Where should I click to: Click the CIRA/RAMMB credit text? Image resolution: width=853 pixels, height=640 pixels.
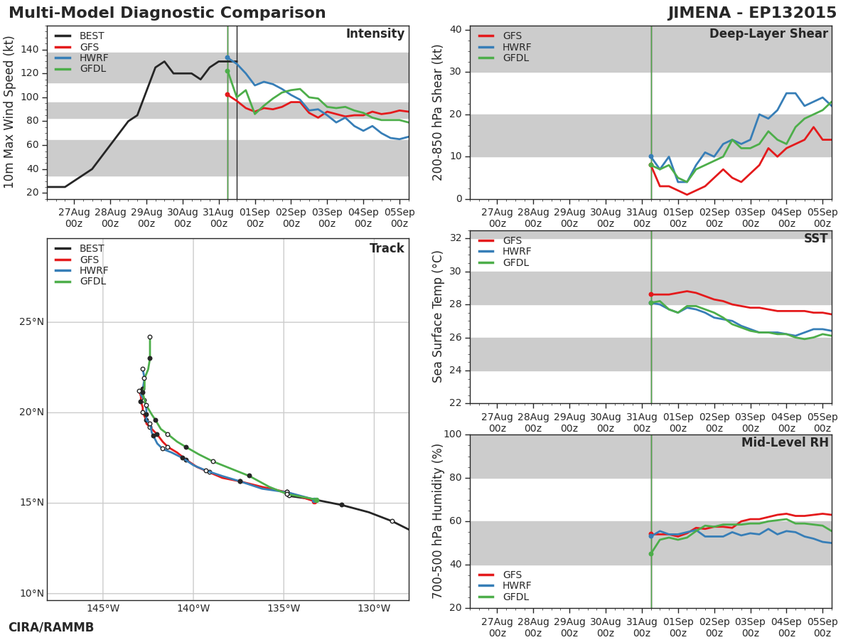pos(51,627)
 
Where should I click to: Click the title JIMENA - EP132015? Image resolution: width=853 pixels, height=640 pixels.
pos(752,12)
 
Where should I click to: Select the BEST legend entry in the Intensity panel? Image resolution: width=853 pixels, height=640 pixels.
pos(80,36)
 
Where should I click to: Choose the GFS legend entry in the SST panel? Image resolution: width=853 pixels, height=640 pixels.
pos(500,240)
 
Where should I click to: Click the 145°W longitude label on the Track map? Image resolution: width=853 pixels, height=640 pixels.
pos(103,608)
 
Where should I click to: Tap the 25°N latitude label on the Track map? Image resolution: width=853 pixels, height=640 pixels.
pos(31,321)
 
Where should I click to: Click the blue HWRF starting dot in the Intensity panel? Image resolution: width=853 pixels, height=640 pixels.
pos(227,58)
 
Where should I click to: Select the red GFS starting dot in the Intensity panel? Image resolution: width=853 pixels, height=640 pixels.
pos(227,95)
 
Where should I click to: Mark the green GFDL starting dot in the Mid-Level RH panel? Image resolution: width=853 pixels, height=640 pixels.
pos(651,554)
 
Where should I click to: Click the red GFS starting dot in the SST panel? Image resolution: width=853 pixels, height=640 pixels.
pos(651,294)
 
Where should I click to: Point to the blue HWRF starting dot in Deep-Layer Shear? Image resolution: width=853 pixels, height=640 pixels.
pos(651,156)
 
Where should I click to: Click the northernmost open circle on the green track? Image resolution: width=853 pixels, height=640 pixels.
pos(150,337)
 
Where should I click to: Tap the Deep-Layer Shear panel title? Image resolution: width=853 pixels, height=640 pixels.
pos(768,34)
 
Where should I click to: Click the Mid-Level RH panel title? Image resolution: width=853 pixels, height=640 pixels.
pos(785,442)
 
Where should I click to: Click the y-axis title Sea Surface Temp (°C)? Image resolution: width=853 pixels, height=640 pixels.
pos(437,316)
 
